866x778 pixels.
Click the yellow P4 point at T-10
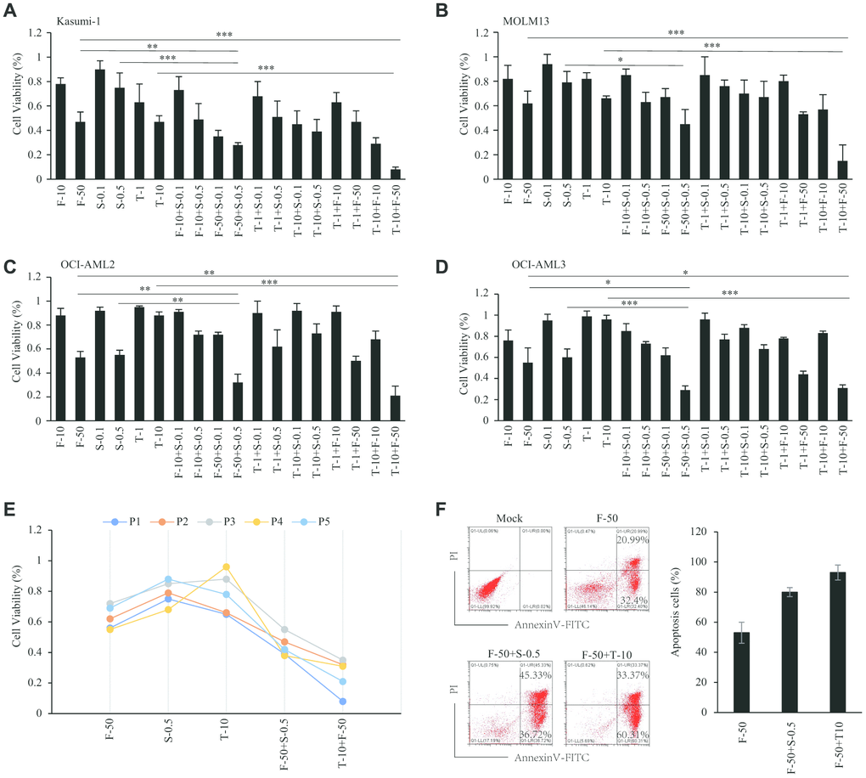click(x=226, y=567)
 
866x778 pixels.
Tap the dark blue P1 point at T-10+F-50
click(x=341, y=702)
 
